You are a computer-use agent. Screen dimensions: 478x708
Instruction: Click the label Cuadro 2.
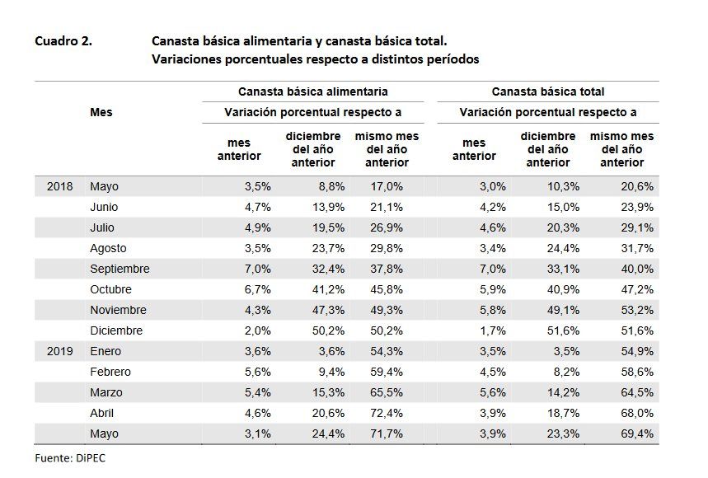tap(63, 41)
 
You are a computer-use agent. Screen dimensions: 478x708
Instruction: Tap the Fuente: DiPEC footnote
tap(70, 458)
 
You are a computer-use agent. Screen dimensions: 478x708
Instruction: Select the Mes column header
tap(101, 113)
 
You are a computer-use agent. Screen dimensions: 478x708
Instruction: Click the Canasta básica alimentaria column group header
tap(312, 92)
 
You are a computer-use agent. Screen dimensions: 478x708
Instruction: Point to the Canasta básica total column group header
tap(547, 92)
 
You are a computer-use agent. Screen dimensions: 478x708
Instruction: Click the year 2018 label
tap(59, 186)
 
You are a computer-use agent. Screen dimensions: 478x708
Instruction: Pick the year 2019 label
tap(59, 351)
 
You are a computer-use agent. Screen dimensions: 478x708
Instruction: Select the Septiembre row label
tap(120, 269)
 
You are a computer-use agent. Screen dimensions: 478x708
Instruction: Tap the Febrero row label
tap(110, 372)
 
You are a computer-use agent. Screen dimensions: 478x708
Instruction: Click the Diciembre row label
tap(116, 330)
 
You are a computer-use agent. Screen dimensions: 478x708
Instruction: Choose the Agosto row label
tap(110, 248)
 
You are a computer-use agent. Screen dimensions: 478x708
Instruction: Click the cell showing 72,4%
tap(388, 413)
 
